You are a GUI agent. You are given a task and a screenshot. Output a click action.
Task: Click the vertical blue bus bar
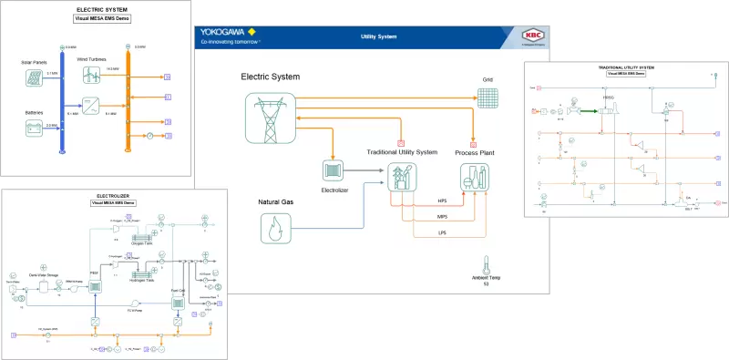(61, 100)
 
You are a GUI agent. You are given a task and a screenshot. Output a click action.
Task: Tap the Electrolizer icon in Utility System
(332, 170)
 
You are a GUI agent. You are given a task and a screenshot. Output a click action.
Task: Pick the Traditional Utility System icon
(402, 175)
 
